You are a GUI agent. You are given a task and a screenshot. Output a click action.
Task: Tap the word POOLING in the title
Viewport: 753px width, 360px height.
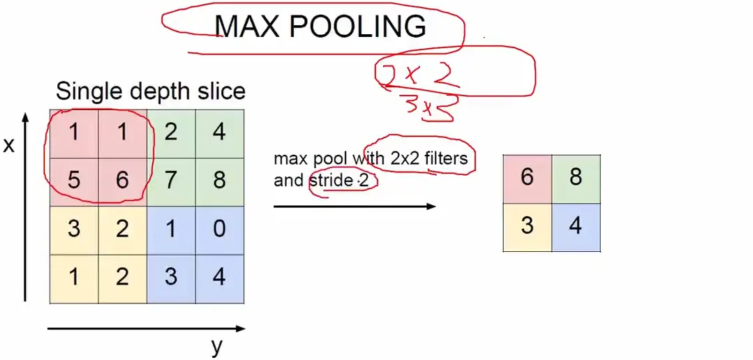pyautogui.click(x=357, y=27)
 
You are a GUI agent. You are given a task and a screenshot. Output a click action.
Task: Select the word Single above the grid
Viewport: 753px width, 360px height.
pyautogui.click(x=87, y=91)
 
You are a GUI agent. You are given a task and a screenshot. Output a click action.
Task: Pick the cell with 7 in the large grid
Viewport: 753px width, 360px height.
pyautogui.click(x=171, y=181)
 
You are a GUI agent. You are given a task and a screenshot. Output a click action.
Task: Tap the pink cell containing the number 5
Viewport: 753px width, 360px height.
pyautogui.click(x=74, y=181)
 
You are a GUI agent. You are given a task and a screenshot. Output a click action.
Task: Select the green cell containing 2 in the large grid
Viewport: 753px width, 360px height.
pyautogui.click(x=171, y=133)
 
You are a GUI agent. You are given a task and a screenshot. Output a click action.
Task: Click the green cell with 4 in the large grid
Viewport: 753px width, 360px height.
pyautogui.click(x=219, y=133)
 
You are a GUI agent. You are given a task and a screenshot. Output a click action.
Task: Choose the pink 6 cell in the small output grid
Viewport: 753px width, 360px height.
pyautogui.click(x=527, y=177)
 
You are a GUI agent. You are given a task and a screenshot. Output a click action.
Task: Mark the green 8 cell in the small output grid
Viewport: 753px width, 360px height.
pyautogui.click(x=576, y=177)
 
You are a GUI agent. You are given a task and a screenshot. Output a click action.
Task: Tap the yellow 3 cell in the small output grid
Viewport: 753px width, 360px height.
pyautogui.click(x=527, y=226)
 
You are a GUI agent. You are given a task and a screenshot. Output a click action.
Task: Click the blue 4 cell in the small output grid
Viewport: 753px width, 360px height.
pyautogui.click(x=576, y=226)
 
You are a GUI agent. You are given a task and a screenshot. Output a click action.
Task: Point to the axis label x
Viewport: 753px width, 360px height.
pyautogui.click(x=9, y=145)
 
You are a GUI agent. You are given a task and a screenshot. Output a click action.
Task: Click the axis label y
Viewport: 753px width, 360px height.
pyautogui.click(x=217, y=346)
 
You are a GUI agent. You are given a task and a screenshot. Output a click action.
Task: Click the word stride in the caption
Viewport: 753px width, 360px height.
pyautogui.click(x=331, y=181)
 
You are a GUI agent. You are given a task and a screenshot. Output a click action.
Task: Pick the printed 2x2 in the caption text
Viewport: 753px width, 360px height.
pyautogui.click(x=405, y=158)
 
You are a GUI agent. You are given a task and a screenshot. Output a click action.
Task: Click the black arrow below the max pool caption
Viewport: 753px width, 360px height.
pyautogui.click(x=354, y=206)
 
